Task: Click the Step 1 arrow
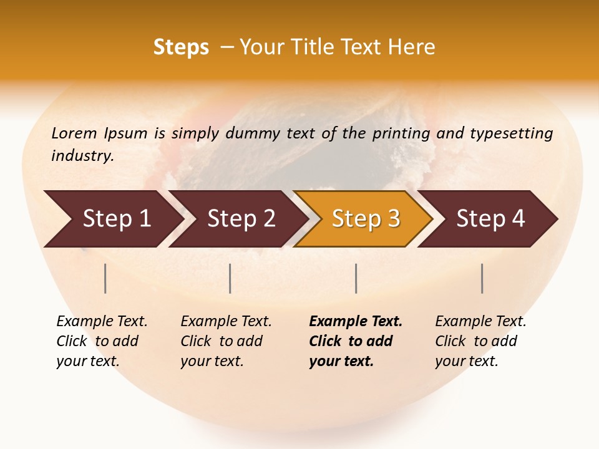[x=116, y=218]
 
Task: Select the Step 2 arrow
[x=241, y=218]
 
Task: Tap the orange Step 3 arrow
[x=366, y=218]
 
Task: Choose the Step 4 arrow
[x=490, y=218]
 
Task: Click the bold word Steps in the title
[x=181, y=47]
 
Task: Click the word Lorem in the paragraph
[x=74, y=133]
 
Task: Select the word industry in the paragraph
[x=82, y=156]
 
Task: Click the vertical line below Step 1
[x=105, y=278]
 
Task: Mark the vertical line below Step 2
[x=230, y=278]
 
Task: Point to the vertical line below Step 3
[x=356, y=278]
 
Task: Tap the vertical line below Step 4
[x=482, y=278]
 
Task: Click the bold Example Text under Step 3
[x=356, y=322]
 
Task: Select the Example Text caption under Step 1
[x=102, y=322]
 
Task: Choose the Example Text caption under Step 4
[x=480, y=322]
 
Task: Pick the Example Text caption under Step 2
[x=226, y=322]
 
